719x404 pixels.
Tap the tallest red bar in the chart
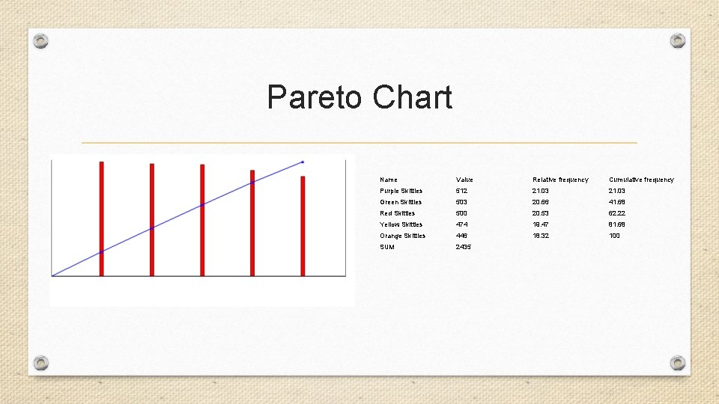tap(102, 218)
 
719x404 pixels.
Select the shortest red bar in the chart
tap(303, 226)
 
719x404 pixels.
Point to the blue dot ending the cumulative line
tap(303, 162)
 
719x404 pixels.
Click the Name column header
tap(389, 180)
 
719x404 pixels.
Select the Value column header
tap(464, 180)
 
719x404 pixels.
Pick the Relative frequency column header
tap(560, 180)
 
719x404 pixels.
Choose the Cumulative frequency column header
tap(641, 180)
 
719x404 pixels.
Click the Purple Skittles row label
tap(401, 191)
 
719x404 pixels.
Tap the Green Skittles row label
tap(401, 202)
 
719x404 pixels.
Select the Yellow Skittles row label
tap(401, 224)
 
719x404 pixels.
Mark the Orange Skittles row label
tap(402, 236)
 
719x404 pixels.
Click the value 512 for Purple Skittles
tap(461, 191)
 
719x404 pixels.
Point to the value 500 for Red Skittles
tap(462, 213)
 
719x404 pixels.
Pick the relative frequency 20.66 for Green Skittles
tap(541, 202)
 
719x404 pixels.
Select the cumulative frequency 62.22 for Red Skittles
tap(617, 213)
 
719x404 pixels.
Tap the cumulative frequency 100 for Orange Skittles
tap(614, 236)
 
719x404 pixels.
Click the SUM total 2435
tap(464, 247)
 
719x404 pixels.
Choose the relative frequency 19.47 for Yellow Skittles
tap(541, 224)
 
